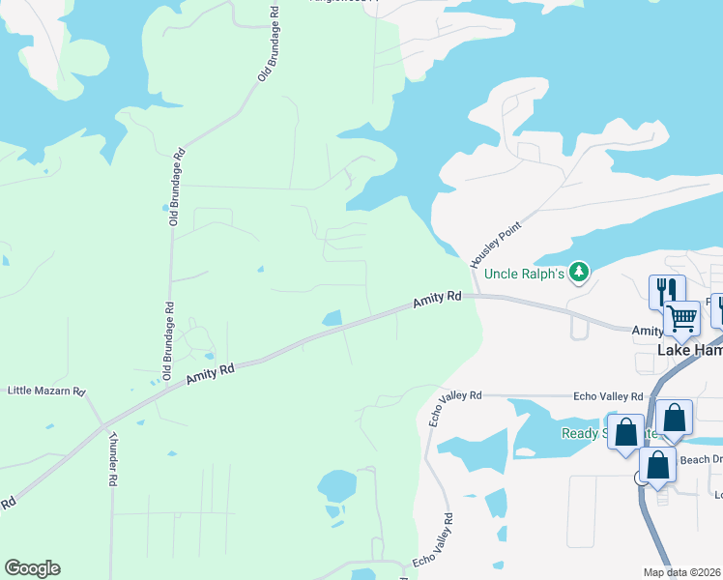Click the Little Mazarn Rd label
(x=46, y=391)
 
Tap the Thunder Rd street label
(x=113, y=457)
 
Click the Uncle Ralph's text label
(x=524, y=274)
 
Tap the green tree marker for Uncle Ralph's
(x=579, y=273)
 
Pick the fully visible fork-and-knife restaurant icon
(x=667, y=290)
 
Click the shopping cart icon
(x=682, y=317)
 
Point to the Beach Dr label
(x=701, y=460)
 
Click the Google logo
(x=32, y=568)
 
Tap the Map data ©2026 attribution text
(x=681, y=572)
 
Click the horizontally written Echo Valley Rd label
(x=608, y=396)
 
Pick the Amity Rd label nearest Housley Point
(x=437, y=301)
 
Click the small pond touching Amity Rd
(x=332, y=317)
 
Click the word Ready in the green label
(x=581, y=433)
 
